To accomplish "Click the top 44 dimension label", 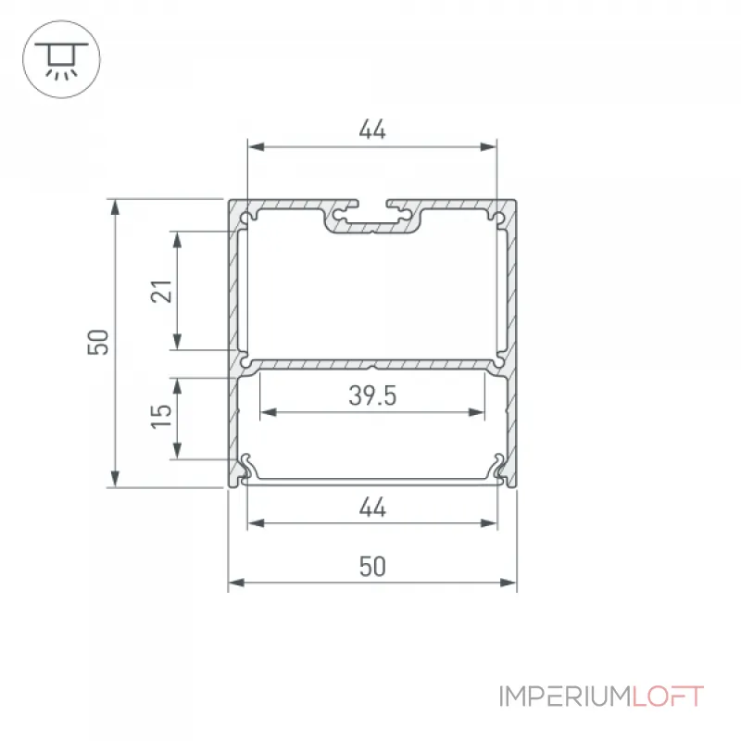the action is [x=372, y=130].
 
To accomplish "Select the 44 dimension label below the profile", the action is [x=372, y=507].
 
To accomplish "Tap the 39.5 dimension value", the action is [x=372, y=396].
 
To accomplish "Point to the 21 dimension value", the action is [x=161, y=291].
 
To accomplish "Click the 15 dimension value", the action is [x=161, y=416].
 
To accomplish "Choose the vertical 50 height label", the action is [x=98, y=342].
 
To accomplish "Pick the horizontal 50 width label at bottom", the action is [x=372, y=566].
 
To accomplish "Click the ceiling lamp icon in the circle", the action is [x=61, y=59].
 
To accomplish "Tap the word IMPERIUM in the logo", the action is [x=565, y=697].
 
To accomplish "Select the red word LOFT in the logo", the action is [x=668, y=697].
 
